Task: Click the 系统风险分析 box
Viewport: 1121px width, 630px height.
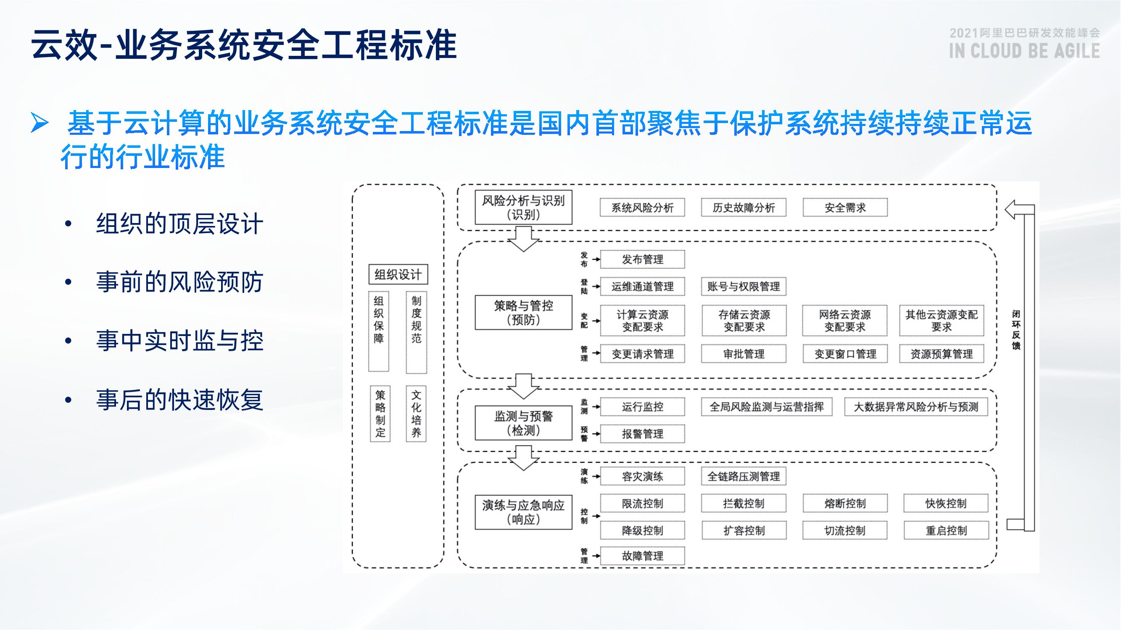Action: click(x=642, y=207)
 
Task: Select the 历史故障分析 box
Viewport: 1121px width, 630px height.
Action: click(x=743, y=207)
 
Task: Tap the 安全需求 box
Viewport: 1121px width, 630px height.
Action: click(x=845, y=207)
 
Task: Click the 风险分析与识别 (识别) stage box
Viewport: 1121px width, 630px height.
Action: click(x=523, y=207)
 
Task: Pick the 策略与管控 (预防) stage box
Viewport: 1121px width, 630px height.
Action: click(x=523, y=312)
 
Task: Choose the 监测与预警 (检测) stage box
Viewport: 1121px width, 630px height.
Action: click(x=523, y=423)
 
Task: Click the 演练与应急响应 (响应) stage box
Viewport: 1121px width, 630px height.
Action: click(x=523, y=512)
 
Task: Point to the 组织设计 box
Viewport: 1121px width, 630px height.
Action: click(x=398, y=274)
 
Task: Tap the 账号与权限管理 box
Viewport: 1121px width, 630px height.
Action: click(x=743, y=286)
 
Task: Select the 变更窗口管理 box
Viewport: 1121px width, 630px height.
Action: click(x=845, y=354)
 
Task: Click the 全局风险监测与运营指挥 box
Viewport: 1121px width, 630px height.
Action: click(x=766, y=407)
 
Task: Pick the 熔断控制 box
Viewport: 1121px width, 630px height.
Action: click(x=845, y=503)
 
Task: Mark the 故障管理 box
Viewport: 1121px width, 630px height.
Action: click(x=642, y=556)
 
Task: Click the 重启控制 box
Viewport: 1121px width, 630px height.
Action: click(x=946, y=530)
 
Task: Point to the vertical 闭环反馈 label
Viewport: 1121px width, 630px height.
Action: click(x=1015, y=330)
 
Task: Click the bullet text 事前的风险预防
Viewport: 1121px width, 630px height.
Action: click(x=179, y=282)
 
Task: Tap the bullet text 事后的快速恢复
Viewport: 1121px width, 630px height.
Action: click(x=179, y=399)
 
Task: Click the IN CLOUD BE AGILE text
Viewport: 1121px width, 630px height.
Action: click(x=1024, y=51)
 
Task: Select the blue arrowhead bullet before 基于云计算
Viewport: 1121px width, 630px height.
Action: click(x=40, y=123)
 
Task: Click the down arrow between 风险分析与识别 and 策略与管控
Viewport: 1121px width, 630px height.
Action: click(x=523, y=239)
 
